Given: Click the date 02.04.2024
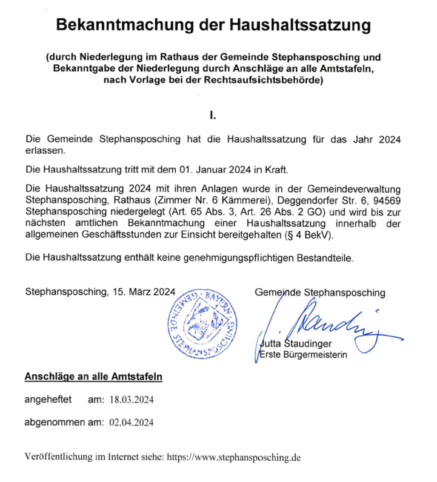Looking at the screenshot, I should (131, 423).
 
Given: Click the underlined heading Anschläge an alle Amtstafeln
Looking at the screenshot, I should (93, 377).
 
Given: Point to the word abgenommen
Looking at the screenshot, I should (52, 422).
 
